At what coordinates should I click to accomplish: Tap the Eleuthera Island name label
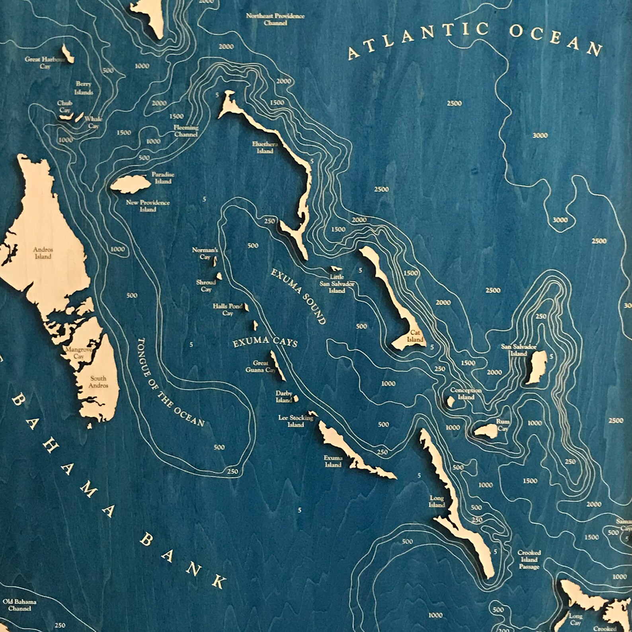click(265, 148)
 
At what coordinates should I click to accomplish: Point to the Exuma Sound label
click(298, 296)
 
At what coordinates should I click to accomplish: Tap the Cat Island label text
click(415, 337)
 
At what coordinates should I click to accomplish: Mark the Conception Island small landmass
click(451, 401)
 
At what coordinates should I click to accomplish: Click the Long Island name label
click(437, 501)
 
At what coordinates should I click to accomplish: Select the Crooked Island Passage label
click(529, 560)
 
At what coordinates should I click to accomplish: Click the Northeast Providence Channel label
click(275, 20)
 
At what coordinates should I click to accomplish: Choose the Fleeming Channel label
click(186, 131)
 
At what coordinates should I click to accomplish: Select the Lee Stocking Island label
click(296, 421)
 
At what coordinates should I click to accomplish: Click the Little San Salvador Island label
click(337, 284)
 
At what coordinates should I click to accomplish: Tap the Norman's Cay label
click(205, 254)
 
